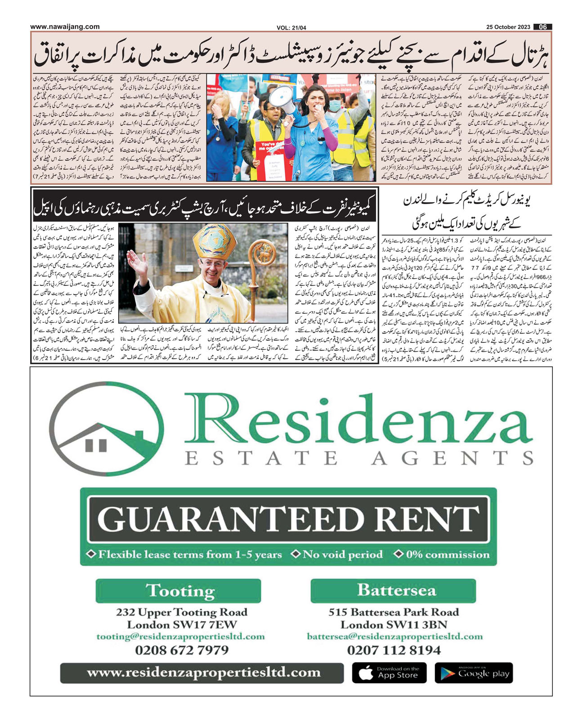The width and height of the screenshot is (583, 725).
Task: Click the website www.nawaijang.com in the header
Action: [x=65, y=27]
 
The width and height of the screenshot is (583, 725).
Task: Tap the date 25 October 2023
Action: [x=508, y=27]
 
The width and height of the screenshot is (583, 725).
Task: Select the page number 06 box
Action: [x=543, y=27]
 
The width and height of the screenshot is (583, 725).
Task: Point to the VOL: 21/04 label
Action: [x=291, y=28]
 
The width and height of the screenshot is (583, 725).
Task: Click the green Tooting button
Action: [x=178, y=590]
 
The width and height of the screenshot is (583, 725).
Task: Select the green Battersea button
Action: [x=394, y=590]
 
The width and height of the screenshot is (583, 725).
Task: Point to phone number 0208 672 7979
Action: [x=182, y=650]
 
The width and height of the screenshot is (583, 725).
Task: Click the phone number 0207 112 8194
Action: [x=394, y=650]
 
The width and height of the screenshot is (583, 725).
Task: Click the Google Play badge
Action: [x=473, y=673]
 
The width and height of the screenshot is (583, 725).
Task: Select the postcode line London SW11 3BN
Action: [x=394, y=624]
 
